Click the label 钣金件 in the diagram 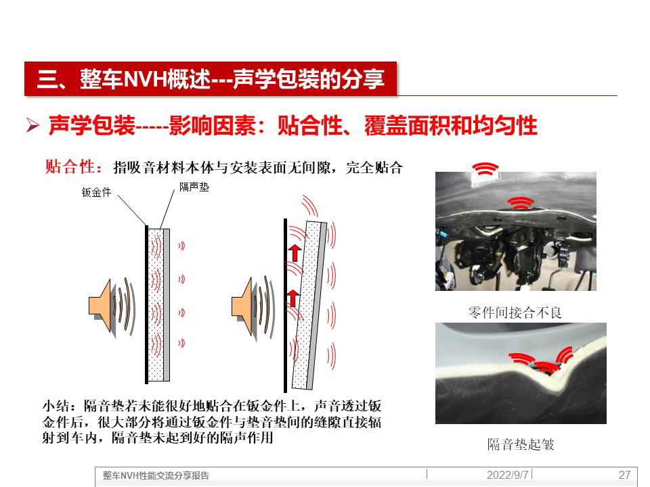pos(96,192)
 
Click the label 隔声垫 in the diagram pos(194,187)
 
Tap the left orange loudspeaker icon pos(100,306)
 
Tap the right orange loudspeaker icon pos(242,306)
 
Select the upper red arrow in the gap pos(295,252)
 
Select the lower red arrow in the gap pos(292,298)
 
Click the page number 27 pos(624,475)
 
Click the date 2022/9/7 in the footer pos(508,475)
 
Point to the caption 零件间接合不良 pos(515,312)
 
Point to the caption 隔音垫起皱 pos(521,444)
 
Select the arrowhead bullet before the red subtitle pos(32,125)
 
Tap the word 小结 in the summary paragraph pos(56,406)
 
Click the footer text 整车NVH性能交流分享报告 pos(156,476)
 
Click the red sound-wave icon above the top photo pos(485,168)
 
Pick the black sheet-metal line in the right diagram pos(285,306)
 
